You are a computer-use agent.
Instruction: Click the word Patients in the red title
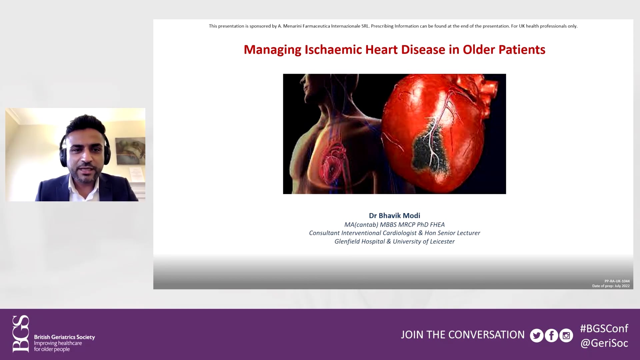(x=522, y=50)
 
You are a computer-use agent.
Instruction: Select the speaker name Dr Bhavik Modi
(x=394, y=216)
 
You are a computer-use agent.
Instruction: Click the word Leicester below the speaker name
(x=442, y=242)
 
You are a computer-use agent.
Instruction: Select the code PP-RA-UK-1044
(x=617, y=281)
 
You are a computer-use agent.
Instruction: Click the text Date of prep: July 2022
(x=611, y=286)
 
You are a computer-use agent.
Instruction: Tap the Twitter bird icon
(x=537, y=335)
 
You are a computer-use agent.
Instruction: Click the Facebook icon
(x=551, y=335)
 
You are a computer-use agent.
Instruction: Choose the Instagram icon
(x=566, y=335)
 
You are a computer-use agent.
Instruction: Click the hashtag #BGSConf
(x=604, y=328)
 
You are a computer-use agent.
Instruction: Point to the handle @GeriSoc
(x=604, y=343)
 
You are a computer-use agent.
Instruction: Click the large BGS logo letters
(x=21, y=334)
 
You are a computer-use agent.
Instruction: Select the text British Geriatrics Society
(x=64, y=337)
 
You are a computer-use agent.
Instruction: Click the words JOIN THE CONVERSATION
(x=462, y=335)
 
